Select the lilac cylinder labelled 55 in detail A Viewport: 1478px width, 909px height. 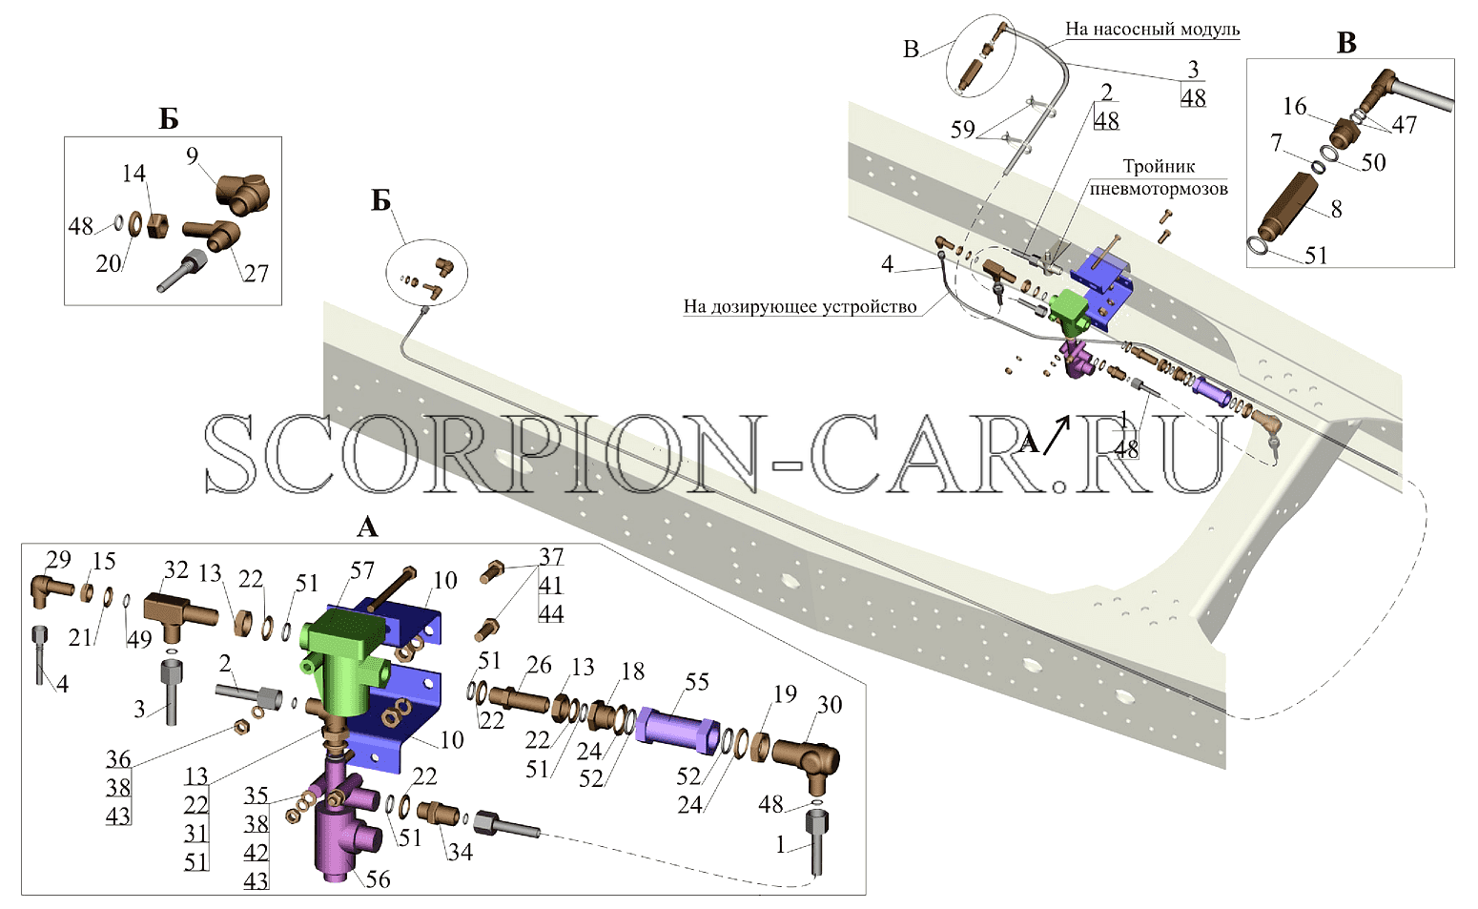(x=677, y=732)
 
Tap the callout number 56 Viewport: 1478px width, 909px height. (x=378, y=879)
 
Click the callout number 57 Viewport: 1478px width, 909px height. (x=362, y=570)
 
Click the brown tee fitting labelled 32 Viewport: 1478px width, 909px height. (x=179, y=615)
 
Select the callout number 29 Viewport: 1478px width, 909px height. (x=58, y=559)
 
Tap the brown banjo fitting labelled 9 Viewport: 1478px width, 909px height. (x=242, y=194)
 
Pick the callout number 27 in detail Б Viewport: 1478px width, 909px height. (x=256, y=273)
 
